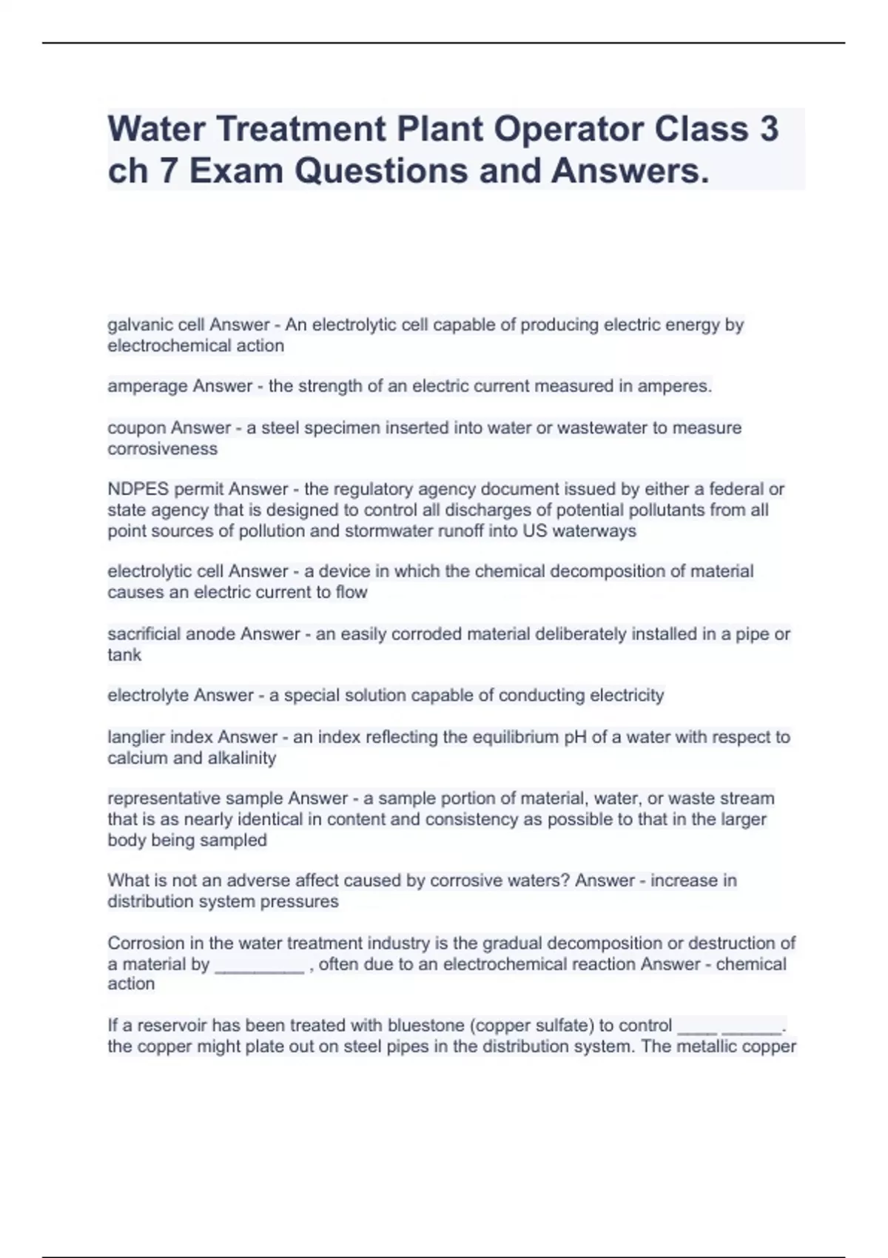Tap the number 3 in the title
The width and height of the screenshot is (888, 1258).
pyautogui.click(x=768, y=129)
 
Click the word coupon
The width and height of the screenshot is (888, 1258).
pyautogui.click(x=137, y=428)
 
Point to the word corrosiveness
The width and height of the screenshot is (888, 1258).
pyautogui.click(x=163, y=448)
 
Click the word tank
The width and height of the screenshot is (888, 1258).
pyautogui.click(x=124, y=655)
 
